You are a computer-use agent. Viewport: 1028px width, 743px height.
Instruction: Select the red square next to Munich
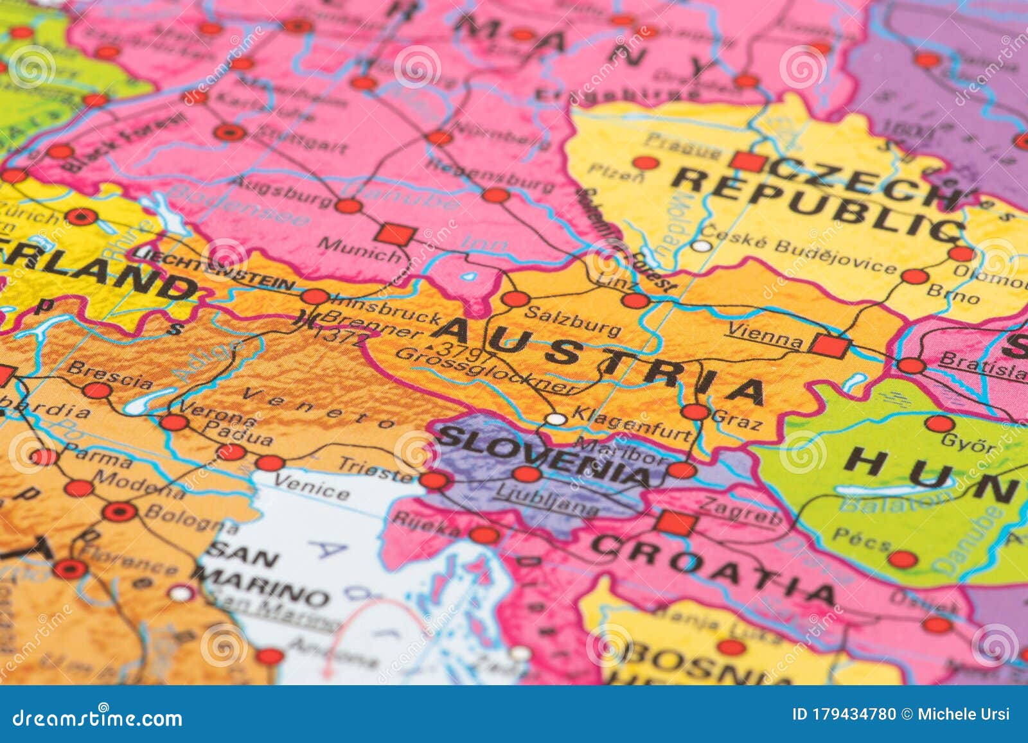394,234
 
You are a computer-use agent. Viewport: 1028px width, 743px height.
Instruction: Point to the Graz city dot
695,412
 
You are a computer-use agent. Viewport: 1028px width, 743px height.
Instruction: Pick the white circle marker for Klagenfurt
556,419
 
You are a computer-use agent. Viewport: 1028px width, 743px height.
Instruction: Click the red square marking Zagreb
676,523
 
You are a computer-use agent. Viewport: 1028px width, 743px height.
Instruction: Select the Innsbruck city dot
315,297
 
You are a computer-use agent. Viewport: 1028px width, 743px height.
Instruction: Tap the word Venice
312,487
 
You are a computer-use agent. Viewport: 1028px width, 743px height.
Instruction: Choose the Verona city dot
173,423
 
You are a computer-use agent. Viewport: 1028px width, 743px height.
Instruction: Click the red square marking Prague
749,161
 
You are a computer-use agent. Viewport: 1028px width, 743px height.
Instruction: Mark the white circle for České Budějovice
702,246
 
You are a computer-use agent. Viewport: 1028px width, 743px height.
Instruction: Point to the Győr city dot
939,424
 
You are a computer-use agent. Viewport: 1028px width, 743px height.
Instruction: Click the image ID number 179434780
844,714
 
